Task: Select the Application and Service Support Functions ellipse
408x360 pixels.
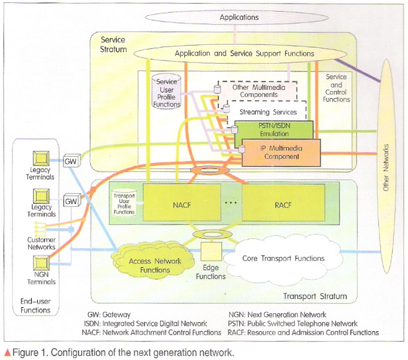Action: [244, 54]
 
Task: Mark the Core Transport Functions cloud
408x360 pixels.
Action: [283, 258]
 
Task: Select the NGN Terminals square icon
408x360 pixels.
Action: [41, 264]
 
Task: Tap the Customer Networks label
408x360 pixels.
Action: [41, 244]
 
